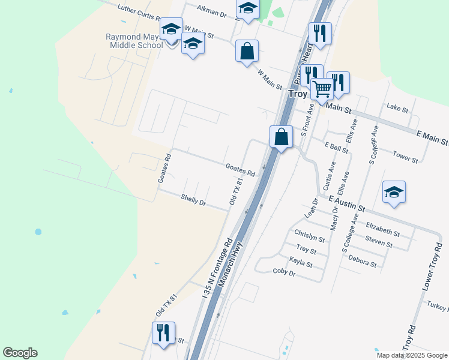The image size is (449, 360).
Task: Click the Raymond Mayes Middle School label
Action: point(133,41)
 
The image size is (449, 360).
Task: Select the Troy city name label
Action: point(298,94)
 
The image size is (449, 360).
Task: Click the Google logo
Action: point(20,353)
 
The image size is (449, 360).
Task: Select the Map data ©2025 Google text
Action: point(412,355)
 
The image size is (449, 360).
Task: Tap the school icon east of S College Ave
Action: point(394,193)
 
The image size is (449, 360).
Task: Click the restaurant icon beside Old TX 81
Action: point(163,333)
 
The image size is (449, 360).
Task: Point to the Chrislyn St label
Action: point(309,235)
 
